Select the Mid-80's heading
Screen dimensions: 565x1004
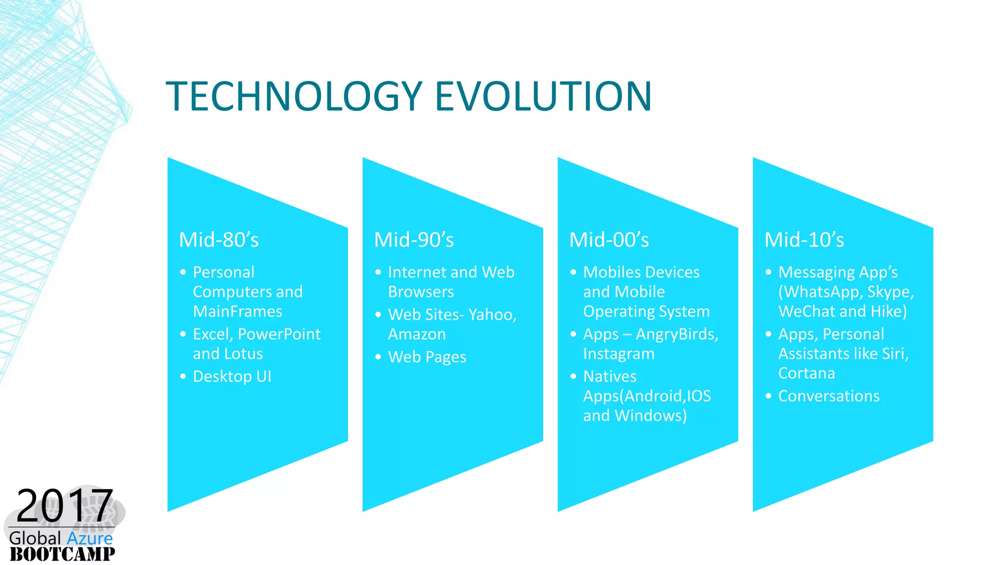[219, 240]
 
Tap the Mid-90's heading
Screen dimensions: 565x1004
[414, 240]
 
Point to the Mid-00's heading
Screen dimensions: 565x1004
[609, 240]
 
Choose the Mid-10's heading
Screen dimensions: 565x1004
[804, 240]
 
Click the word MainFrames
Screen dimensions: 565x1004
[237, 311]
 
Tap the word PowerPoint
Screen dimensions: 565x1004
[279, 334]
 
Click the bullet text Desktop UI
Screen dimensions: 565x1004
[232, 376]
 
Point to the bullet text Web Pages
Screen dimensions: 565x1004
[427, 357]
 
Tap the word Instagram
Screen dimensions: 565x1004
[619, 354]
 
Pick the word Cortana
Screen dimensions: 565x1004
[806, 373]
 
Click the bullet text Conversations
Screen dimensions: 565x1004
[828, 396]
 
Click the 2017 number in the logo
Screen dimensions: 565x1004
[64, 506]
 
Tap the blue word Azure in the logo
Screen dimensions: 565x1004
[90, 538]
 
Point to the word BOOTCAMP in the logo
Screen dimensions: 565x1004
[62, 554]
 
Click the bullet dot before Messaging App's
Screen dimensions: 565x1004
[768, 272]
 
